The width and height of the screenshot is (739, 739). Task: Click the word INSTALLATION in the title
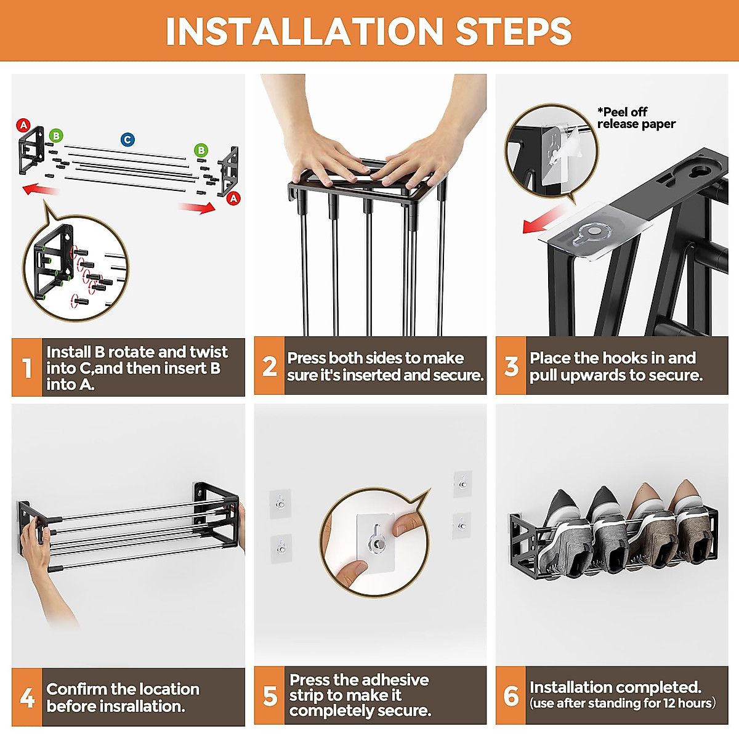(304, 31)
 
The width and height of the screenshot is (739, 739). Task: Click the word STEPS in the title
(514, 31)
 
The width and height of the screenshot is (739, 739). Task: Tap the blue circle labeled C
(127, 140)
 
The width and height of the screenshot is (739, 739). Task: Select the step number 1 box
(26, 367)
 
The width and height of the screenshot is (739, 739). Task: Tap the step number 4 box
(26, 697)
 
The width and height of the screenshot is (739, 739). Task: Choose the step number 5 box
(269, 696)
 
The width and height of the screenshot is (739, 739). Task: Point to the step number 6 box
(511, 696)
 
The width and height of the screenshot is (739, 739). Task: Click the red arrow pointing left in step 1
(40, 189)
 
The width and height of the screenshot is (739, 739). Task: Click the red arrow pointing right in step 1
(197, 208)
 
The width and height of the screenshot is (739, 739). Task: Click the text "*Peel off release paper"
(636, 118)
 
